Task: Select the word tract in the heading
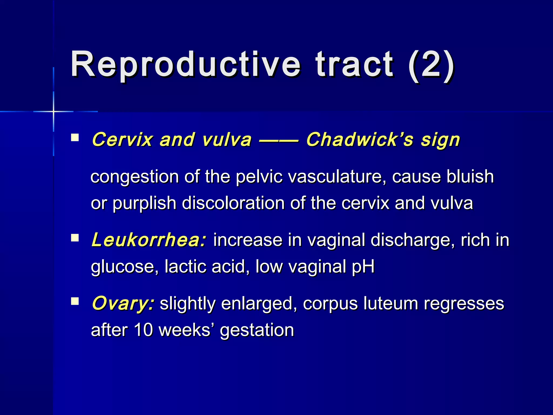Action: (354, 65)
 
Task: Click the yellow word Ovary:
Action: (123, 303)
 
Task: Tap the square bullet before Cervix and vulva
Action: (75, 138)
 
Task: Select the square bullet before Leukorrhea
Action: (75, 238)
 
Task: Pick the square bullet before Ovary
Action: (75, 301)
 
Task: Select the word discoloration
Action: (233, 203)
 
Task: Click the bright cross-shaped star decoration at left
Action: (53, 111)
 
